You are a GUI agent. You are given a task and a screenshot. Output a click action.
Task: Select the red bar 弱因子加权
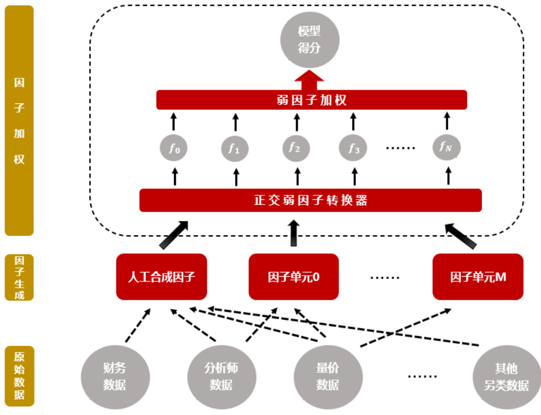tap(311, 100)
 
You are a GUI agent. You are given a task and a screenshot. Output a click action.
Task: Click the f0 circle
tap(175, 148)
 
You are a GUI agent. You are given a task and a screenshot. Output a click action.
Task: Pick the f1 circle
tap(235, 148)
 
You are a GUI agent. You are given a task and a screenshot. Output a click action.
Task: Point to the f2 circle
tap(295, 148)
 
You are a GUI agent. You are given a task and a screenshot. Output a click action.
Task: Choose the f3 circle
tap(353, 148)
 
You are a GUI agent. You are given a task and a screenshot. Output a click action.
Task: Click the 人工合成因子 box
tap(161, 277)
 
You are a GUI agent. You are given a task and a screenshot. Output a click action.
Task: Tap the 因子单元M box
tap(478, 277)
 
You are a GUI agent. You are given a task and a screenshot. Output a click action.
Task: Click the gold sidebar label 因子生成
tap(19, 277)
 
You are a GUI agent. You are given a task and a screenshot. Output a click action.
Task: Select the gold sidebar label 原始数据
tap(19, 376)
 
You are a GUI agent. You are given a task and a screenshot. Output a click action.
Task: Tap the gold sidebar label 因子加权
tap(19, 120)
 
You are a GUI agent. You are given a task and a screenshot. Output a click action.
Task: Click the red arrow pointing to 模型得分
tap(309, 80)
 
